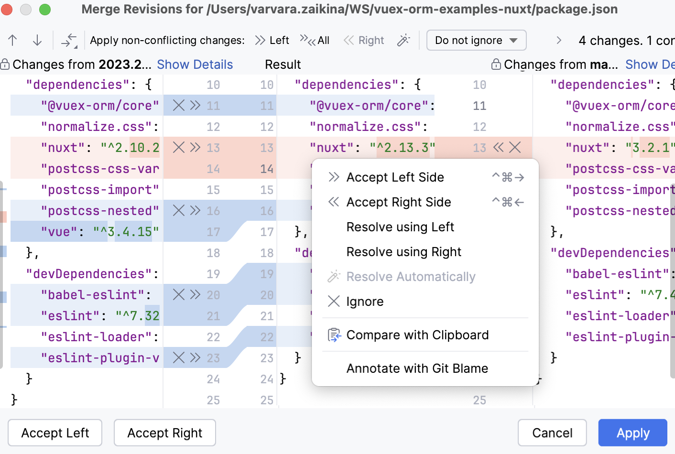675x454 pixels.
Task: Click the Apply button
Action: coord(632,433)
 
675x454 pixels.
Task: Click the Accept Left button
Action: coord(55,433)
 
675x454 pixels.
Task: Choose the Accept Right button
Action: coord(164,433)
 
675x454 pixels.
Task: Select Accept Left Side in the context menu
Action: coord(395,177)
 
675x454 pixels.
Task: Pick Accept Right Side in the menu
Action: coord(399,202)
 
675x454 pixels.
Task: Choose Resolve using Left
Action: coord(400,227)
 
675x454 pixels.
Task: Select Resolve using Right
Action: coord(404,252)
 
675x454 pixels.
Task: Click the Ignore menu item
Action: coord(365,302)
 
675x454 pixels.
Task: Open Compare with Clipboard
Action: coord(417,335)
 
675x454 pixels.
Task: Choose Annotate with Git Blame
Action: coord(417,368)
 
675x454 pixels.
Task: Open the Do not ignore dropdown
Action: coord(476,40)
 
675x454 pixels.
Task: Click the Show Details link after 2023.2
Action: coord(195,65)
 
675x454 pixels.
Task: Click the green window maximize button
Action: coord(45,9)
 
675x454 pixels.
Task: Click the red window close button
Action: coord(7,9)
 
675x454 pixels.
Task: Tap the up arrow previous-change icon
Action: coord(13,40)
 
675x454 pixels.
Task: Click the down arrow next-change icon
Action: coord(37,40)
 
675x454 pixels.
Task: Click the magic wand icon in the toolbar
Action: coord(403,40)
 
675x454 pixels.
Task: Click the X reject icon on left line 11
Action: coord(179,106)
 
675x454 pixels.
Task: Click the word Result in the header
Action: coord(283,65)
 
